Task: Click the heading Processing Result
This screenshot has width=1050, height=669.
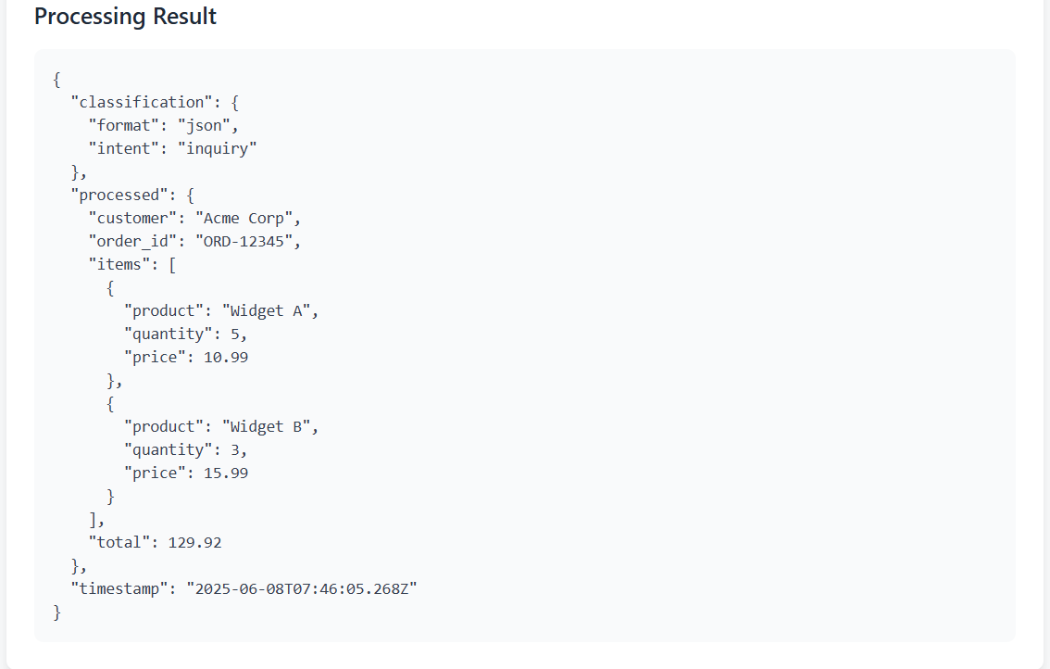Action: click(x=125, y=16)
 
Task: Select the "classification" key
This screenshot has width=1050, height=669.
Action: click(x=142, y=102)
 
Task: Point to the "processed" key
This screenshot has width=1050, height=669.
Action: click(x=124, y=195)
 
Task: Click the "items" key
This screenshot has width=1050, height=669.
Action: click(x=119, y=264)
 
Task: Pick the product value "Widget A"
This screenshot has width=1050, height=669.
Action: click(x=266, y=310)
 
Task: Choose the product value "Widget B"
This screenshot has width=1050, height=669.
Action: click(x=266, y=426)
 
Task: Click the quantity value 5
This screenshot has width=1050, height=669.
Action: click(x=235, y=334)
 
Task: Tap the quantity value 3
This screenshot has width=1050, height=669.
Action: click(x=235, y=449)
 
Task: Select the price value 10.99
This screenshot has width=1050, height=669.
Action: click(x=226, y=358)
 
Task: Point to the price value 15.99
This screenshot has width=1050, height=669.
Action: click(x=226, y=473)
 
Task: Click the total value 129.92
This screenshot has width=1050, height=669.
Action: click(x=194, y=542)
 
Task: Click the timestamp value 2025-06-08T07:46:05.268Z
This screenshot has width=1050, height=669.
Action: click(x=301, y=588)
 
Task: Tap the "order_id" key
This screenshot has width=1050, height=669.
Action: click(x=132, y=241)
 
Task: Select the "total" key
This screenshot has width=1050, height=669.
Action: click(x=119, y=542)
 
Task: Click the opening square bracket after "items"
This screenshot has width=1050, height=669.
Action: click(x=173, y=265)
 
